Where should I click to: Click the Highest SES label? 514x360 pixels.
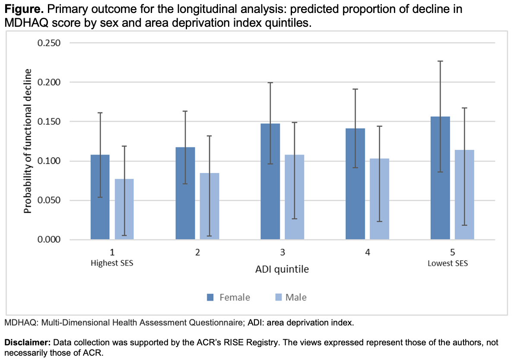[x=112, y=263]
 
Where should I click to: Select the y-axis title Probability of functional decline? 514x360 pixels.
[x=28, y=142]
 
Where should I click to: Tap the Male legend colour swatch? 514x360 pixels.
[x=278, y=297]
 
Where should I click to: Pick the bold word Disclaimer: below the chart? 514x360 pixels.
[x=27, y=342]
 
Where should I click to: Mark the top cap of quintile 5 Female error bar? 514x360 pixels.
[x=440, y=61]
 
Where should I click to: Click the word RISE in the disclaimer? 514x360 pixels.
[x=216, y=342]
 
